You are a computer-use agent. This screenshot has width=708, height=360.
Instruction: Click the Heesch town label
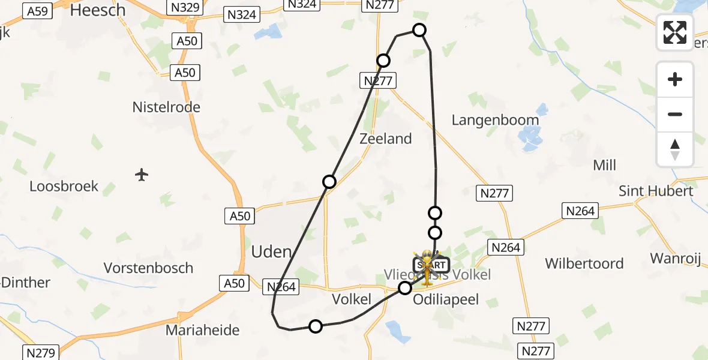tap(98, 10)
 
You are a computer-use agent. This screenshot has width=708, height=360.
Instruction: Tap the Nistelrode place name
tap(166, 107)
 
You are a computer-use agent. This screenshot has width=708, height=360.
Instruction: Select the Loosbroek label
tap(64, 186)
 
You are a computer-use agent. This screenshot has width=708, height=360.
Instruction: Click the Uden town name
tap(272, 251)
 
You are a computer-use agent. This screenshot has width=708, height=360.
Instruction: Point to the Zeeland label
tap(385, 139)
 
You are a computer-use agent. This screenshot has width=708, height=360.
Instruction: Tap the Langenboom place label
tap(495, 120)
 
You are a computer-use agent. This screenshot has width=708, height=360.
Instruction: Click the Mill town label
tap(604, 165)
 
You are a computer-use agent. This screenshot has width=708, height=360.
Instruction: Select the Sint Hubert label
tap(656, 191)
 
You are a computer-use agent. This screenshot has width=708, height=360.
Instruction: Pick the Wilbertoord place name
tap(584, 263)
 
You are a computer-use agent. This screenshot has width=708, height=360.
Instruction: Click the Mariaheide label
tap(202, 330)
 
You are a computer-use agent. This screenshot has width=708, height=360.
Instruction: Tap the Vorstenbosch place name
tap(148, 268)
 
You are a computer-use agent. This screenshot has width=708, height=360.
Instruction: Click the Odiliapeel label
tap(446, 299)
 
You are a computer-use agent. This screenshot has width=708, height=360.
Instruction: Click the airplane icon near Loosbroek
tap(142, 175)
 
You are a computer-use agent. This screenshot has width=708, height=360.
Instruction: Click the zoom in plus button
tap(675, 79)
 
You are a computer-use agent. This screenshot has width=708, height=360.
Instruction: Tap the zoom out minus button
tap(675, 114)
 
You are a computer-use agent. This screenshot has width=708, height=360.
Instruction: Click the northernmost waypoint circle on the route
tap(419, 30)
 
